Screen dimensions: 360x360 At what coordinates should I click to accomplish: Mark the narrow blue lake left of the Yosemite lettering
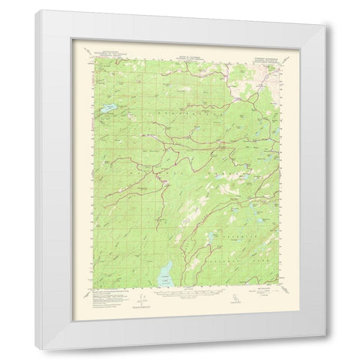click(x=214, y=239)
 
